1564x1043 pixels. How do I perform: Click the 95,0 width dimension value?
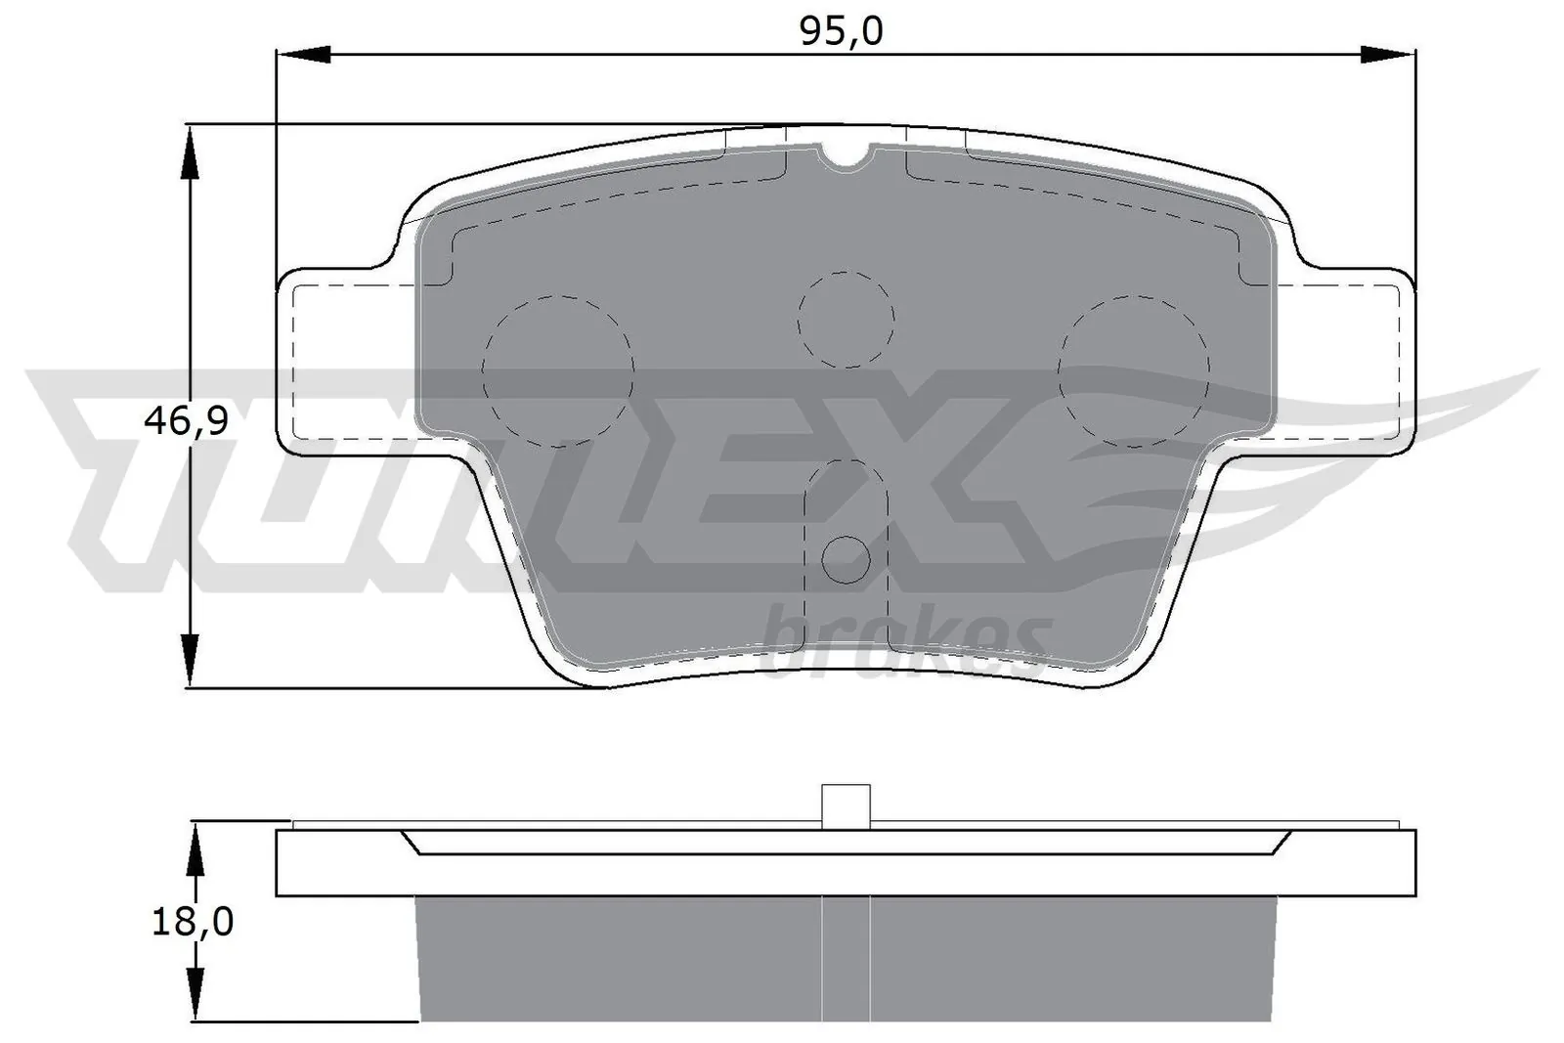click(x=841, y=31)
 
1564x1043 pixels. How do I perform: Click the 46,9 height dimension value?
click(x=186, y=421)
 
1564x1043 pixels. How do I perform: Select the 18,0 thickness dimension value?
click(x=193, y=921)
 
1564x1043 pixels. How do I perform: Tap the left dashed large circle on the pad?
click(x=558, y=370)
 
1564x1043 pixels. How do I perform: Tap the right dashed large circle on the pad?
click(x=1133, y=370)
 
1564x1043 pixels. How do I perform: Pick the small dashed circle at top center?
click(x=846, y=320)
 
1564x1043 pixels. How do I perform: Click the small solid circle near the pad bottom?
click(x=846, y=559)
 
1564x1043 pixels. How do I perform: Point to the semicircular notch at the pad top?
click(x=847, y=156)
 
